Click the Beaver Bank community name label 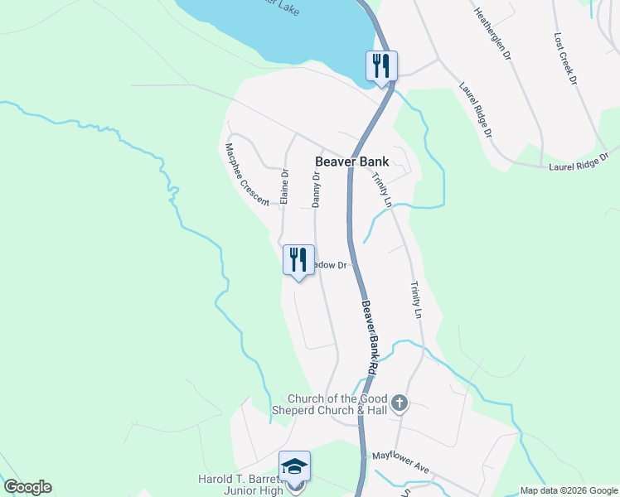(351, 162)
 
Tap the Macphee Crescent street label (246, 175)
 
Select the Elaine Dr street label (283, 187)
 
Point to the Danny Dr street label (316, 189)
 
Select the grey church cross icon (400, 403)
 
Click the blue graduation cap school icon (294, 466)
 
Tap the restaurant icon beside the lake (381, 65)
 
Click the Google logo (27, 487)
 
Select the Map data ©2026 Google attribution (569, 490)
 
